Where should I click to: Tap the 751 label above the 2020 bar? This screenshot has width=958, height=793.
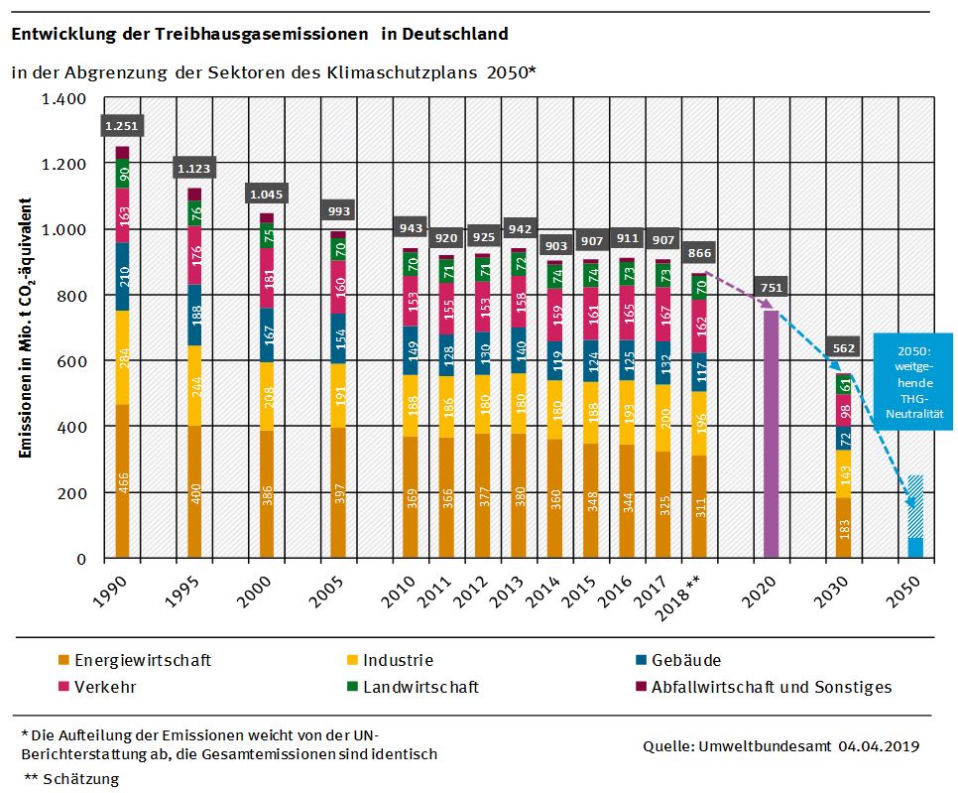pos(772,288)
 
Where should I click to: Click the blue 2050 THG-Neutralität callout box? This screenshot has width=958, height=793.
pos(912,381)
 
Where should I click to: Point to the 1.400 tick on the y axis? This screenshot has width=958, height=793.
pos(66,98)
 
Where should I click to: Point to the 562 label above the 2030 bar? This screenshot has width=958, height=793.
pos(844,348)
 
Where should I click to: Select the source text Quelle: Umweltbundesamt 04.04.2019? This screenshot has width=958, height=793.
pos(780,745)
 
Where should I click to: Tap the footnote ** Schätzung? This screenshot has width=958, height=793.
pos(70,779)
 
